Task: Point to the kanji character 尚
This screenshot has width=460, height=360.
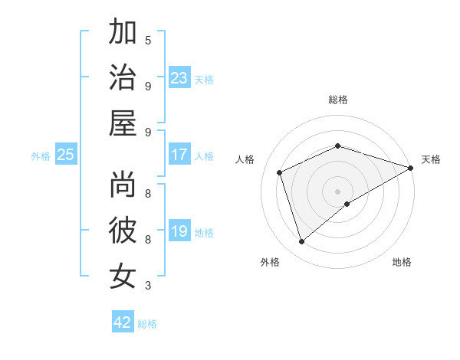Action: click(123, 184)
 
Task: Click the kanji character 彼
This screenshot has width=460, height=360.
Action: click(123, 231)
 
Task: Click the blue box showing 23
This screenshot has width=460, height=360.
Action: click(179, 77)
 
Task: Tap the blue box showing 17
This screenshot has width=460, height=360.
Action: click(179, 155)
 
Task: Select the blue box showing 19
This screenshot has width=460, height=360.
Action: click(179, 231)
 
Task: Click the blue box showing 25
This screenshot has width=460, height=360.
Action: click(66, 155)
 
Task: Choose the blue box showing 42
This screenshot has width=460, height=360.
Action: click(123, 322)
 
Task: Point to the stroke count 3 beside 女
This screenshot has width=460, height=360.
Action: click(148, 286)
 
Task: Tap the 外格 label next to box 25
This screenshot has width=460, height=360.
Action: click(41, 156)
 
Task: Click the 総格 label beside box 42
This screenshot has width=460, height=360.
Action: click(147, 324)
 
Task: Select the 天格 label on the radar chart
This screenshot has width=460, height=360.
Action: click(431, 159)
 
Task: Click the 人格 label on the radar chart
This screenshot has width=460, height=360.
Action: click(245, 159)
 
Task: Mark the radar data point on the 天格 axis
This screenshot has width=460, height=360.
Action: click(412, 168)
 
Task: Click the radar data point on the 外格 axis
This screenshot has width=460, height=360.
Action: click(301, 242)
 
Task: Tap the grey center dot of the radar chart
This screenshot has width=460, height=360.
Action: click(338, 191)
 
